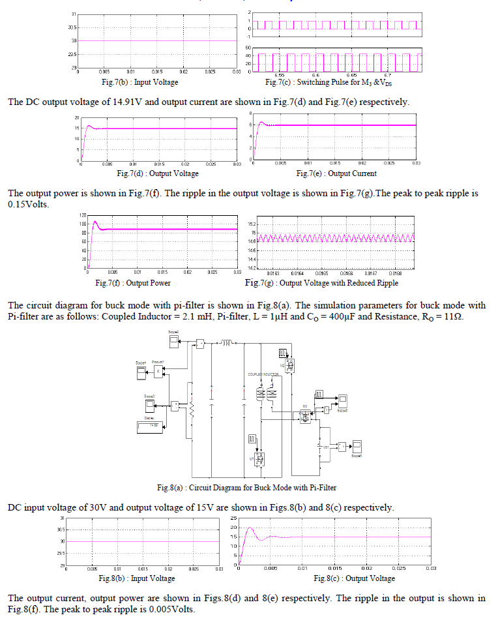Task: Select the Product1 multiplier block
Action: click(158, 371)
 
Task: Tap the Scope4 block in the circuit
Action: click(141, 372)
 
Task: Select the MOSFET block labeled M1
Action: click(259, 460)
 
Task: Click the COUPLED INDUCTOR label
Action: click(264, 374)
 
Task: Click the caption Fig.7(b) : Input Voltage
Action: click(139, 82)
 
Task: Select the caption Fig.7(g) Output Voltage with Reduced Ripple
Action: click(321, 283)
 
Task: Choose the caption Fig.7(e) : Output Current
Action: click(336, 173)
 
